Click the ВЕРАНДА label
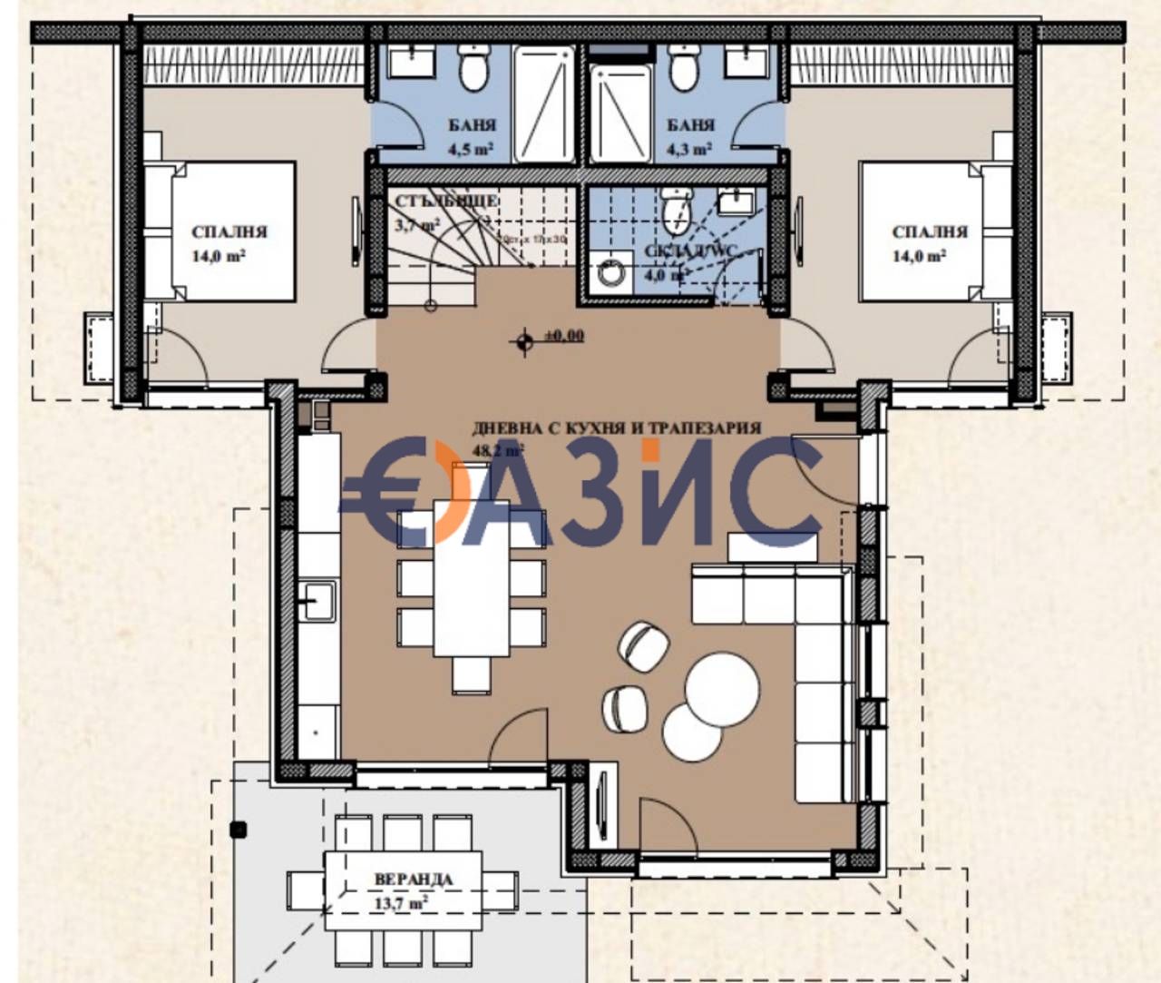pos(413,879)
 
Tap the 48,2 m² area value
pos(498,449)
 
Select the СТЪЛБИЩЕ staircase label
pos(445,201)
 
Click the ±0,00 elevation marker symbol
pos(523,341)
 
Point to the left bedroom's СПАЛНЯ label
pos(229,232)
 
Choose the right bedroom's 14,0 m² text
pos(919,256)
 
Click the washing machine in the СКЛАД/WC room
pos(609,272)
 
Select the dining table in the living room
pos(471,577)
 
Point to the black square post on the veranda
pos(239,828)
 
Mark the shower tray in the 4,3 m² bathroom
pos(620,113)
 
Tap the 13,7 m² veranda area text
pos(401,903)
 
